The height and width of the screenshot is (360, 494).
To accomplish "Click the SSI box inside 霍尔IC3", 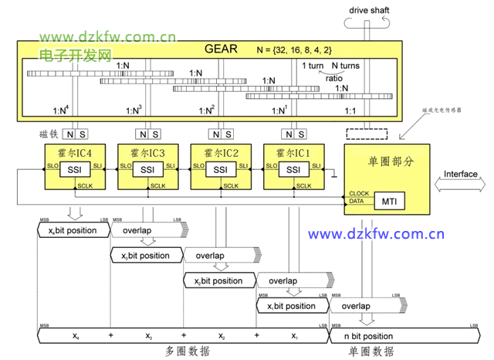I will pos(147,170).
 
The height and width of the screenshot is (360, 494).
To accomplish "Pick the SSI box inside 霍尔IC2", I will pos(221,170).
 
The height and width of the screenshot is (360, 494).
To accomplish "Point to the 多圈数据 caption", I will pos(187,352).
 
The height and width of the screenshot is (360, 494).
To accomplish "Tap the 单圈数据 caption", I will pos(372,352).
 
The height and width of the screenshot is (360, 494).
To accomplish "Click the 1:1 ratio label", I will pos(350,111).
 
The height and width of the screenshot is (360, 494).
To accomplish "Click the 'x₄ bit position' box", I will pos(72,231).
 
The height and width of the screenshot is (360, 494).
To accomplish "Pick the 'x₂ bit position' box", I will pos(218,281).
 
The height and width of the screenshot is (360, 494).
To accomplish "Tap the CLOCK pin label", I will pos(358,193).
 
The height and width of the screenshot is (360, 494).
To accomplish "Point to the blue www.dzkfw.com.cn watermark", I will pos(376,234).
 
